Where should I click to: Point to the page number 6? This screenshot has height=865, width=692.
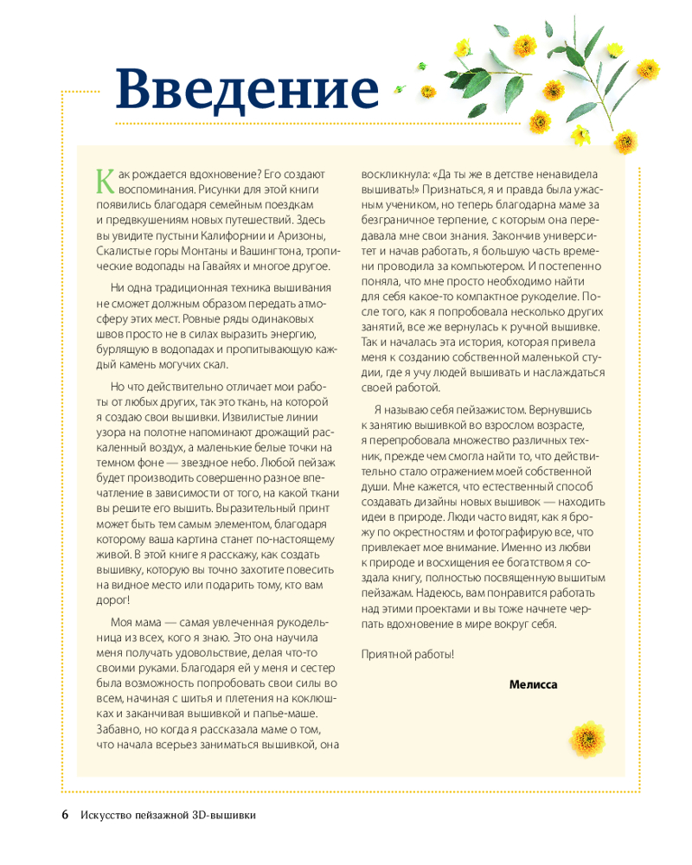coord(66,815)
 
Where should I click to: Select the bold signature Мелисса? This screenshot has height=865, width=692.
coord(534,684)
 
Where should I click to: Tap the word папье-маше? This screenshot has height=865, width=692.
coord(281,713)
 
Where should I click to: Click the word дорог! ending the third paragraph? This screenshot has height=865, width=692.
coord(112,599)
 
